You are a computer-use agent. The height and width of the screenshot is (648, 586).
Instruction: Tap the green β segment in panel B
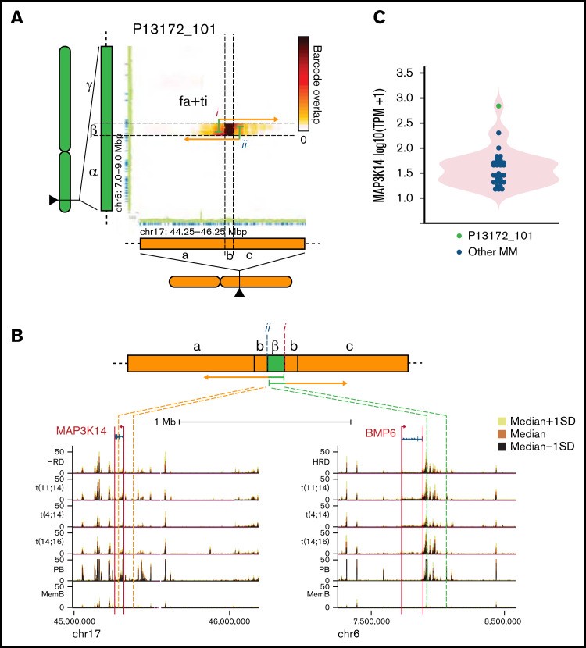(x=275, y=364)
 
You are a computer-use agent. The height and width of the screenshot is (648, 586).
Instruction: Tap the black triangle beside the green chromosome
(x=53, y=201)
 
